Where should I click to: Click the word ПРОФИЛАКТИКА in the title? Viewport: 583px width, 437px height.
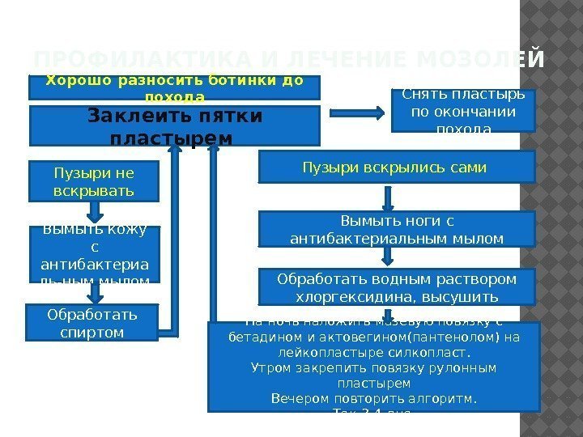[106, 61]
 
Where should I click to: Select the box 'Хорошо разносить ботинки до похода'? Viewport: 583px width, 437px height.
[175, 87]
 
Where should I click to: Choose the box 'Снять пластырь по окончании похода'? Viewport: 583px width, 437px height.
[463, 109]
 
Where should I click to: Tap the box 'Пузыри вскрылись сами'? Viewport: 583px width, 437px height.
[396, 168]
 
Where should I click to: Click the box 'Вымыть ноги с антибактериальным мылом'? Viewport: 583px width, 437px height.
[396, 228]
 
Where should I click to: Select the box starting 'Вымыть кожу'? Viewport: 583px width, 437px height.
[94, 254]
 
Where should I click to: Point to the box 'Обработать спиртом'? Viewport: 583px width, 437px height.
[91, 322]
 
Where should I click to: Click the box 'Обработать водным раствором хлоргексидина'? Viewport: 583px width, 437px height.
[396, 286]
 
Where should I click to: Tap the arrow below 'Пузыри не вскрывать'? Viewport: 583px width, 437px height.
[95, 212]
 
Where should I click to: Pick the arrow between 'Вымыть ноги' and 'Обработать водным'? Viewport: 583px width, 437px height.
[389, 256]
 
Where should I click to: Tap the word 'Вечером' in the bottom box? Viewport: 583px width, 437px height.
[296, 398]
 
